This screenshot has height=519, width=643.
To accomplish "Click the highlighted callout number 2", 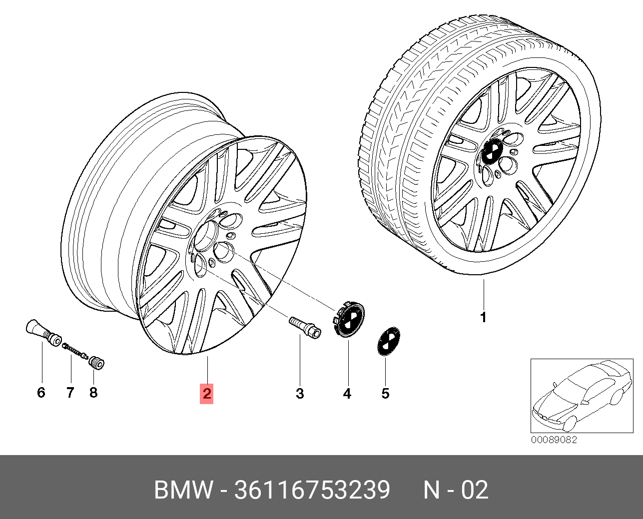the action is (207, 394).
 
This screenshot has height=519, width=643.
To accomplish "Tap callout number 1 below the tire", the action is (483, 317).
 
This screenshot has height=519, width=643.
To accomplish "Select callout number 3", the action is (300, 394).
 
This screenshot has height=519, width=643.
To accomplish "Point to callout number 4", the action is (347, 394).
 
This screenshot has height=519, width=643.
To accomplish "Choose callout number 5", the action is (386, 394).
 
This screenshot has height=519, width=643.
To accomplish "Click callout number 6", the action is (41, 392).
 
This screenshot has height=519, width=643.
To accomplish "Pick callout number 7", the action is (70, 392).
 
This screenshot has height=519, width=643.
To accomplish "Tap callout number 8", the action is (93, 392).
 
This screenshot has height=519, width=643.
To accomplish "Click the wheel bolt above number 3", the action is (305, 327).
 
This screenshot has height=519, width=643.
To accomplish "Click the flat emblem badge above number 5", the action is (389, 341).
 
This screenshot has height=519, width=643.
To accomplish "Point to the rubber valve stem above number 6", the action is (43, 333).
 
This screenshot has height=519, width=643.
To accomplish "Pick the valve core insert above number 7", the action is (75, 351).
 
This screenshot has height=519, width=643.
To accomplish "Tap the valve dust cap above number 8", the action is (96, 362).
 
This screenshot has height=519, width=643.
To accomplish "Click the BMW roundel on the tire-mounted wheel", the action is (492, 152).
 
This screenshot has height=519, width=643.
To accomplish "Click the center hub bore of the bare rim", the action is (206, 236).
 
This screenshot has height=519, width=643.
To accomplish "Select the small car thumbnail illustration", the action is (582, 396).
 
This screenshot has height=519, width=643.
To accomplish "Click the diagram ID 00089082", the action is (554, 440).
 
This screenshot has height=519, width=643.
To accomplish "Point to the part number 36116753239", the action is (312, 491).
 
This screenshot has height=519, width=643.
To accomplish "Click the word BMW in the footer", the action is (183, 491).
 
